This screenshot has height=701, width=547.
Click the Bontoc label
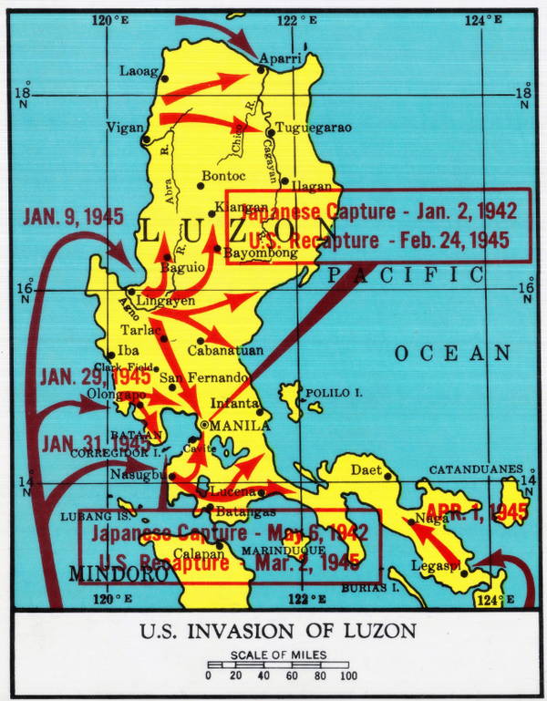coord(223,174)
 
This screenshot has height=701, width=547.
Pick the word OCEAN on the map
coord(452,353)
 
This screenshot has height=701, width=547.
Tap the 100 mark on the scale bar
coord(348,675)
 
